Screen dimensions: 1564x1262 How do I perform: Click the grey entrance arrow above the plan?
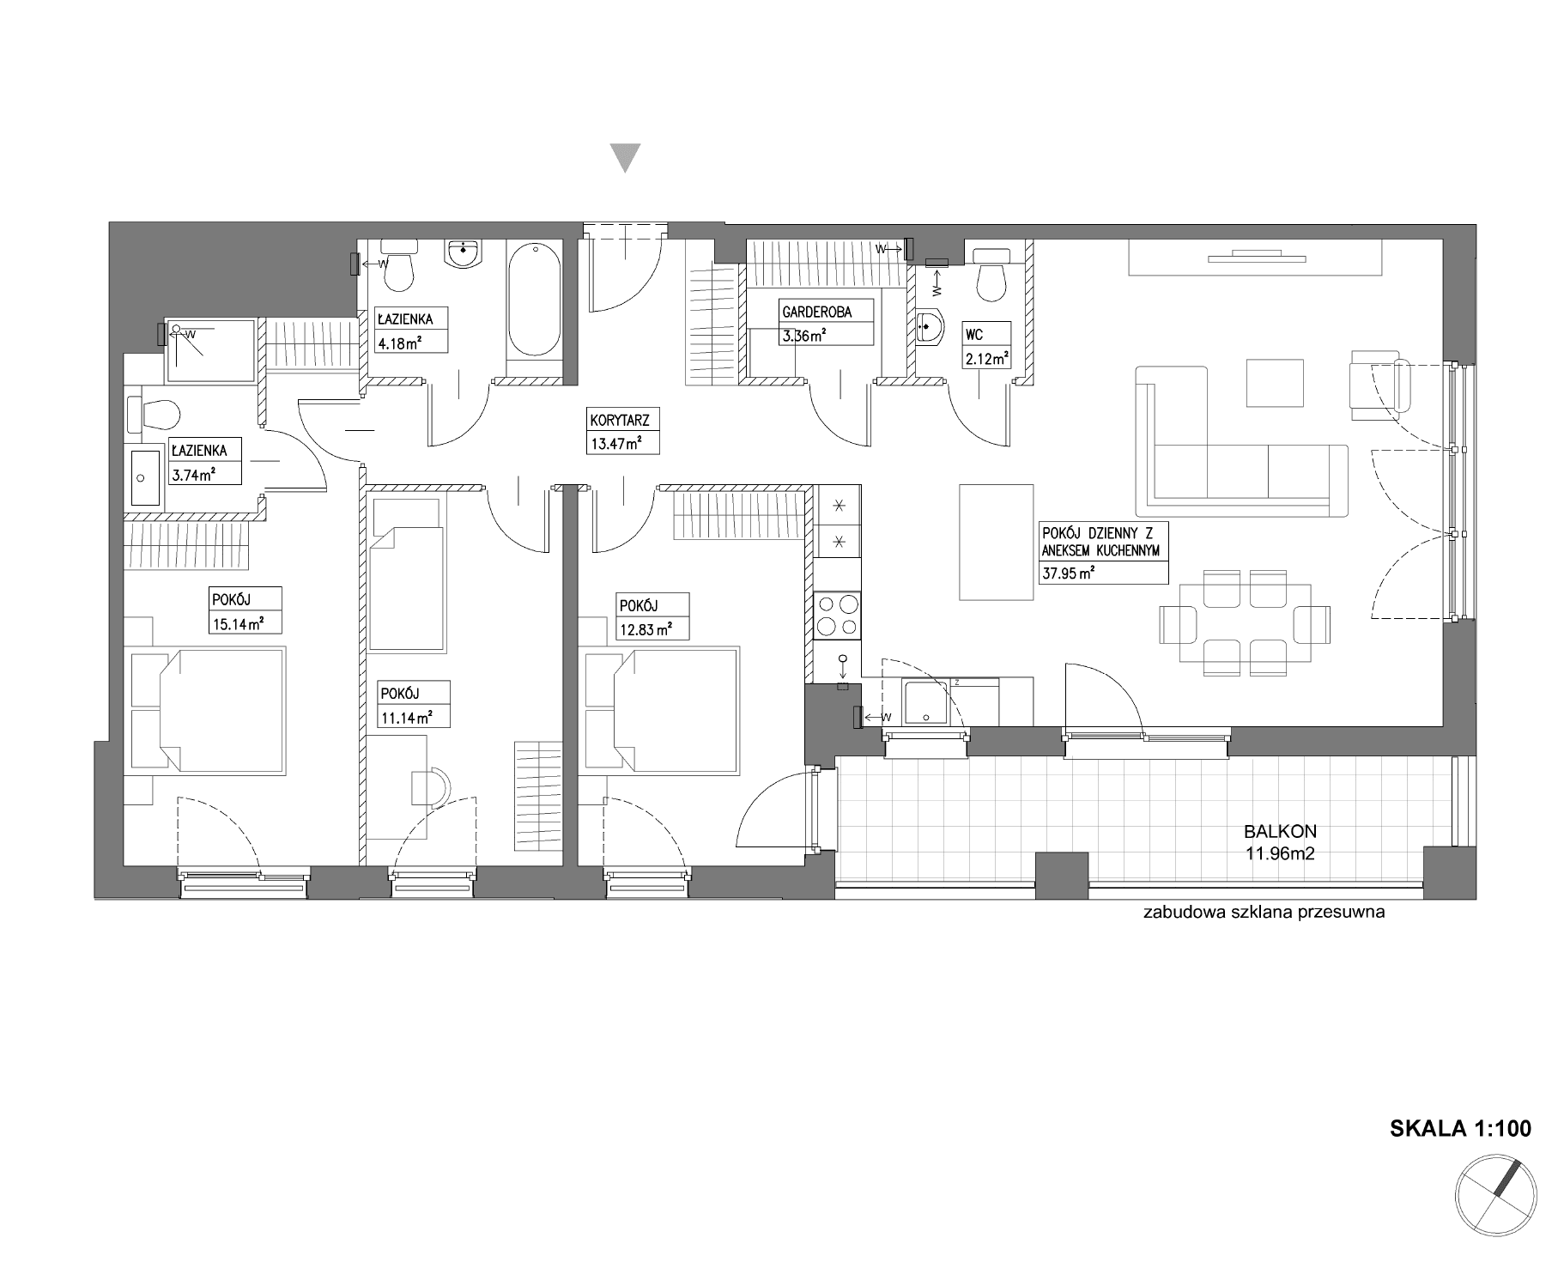pos(625,158)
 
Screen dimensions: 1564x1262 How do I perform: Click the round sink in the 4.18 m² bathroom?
pos(464,253)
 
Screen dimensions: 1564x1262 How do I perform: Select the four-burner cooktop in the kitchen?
pos(836,614)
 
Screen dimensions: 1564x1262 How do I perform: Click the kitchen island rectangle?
pos(996,542)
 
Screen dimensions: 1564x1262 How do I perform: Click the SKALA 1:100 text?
pos(1460,1128)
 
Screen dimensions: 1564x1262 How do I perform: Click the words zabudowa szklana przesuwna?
pos(1264,913)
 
